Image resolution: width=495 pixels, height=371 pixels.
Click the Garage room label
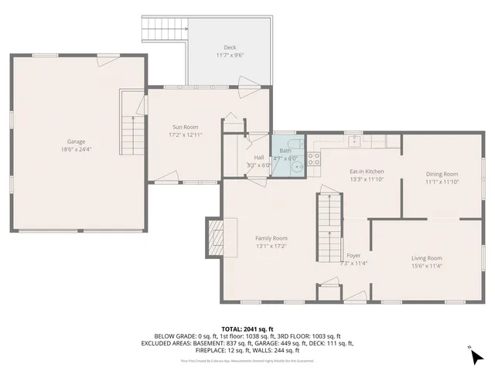[x=76, y=141]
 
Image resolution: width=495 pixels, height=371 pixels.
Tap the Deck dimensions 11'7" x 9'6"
[x=230, y=56]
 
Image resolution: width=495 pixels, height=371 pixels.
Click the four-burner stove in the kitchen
[x=315, y=159]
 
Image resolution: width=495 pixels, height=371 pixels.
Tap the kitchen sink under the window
[x=353, y=141]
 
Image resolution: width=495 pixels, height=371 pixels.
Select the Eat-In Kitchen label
[x=367, y=171]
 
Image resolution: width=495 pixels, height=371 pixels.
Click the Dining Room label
[x=442, y=174]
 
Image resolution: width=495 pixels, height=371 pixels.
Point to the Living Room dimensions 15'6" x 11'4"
[x=426, y=267]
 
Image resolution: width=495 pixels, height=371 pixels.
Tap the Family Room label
[x=271, y=238]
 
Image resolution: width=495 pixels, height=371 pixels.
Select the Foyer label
[x=353, y=255]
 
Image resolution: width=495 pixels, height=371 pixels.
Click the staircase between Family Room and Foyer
[x=329, y=228]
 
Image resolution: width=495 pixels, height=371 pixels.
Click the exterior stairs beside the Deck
[x=165, y=29]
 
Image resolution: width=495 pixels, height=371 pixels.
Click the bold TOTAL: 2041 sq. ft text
[x=247, y=328]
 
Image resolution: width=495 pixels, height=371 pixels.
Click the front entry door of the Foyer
[x=356, y=297]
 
